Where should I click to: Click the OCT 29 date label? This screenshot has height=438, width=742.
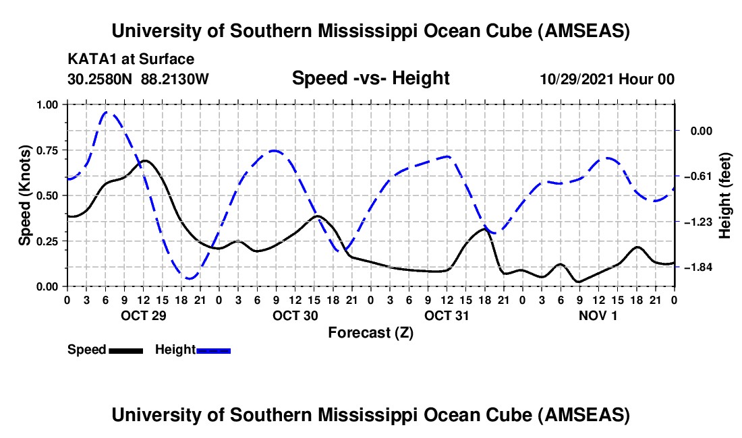pos(143,315)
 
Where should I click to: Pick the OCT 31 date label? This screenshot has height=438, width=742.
pos(447,315)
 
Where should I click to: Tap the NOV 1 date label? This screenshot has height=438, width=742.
pos(598,315)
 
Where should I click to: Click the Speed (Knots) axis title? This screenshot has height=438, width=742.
pos(25,195)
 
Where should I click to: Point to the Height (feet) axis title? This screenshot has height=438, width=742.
pos(726,195)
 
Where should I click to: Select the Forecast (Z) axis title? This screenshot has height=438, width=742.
pos(370,332)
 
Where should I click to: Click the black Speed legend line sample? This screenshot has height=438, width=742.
pos(125,350)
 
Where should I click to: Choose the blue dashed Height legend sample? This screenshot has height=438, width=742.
pos(213,350)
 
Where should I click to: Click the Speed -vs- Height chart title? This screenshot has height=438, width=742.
pos(370,79)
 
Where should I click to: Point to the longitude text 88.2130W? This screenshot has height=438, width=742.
pos(175,79)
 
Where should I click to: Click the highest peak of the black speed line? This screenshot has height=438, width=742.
pos(144,160)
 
